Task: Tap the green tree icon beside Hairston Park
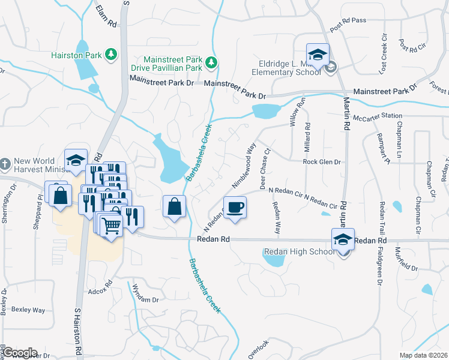[110, 55]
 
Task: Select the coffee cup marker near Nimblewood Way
[235, 208]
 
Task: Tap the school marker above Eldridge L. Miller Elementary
[318, 55]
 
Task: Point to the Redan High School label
[300, 252]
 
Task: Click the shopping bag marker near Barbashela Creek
[173, 207]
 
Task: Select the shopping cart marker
[110, 226]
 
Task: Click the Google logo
[19, 353]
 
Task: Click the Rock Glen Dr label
[321, 162]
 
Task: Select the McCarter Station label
[377, 117]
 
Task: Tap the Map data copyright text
[424, 355]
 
